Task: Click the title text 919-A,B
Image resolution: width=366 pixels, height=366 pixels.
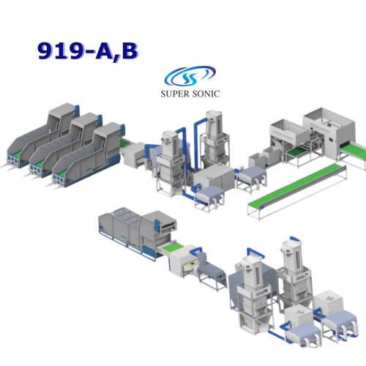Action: coord(88,51)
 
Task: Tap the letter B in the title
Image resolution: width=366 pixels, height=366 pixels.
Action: coord(130,51)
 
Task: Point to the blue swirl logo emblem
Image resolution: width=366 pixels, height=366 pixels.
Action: coord(190,75)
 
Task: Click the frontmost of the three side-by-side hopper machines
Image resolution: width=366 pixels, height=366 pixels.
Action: coord(88,156)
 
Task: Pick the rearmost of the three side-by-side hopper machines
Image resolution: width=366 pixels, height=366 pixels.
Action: coord(42,137)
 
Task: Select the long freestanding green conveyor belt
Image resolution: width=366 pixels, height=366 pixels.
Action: coord(296,190)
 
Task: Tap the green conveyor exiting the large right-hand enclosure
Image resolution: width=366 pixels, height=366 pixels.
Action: coord(354,152)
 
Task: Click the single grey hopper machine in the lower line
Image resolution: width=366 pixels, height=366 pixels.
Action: coord(137,232)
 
